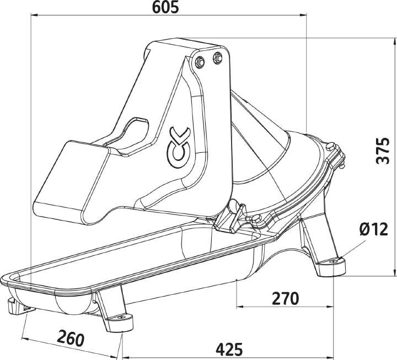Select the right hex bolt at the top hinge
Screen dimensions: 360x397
click(217, 56)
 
